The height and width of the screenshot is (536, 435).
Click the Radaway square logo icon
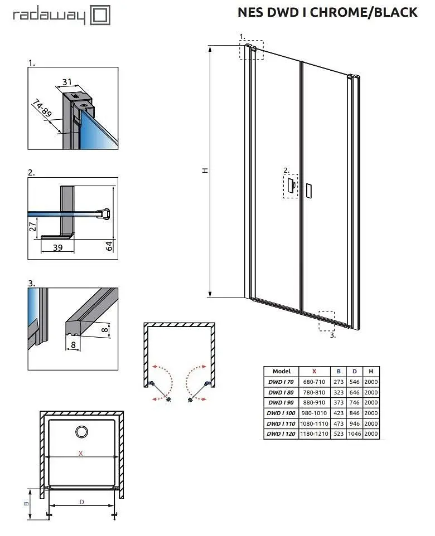tap(100, 15)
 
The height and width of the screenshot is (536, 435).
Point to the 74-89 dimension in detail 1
tap(42, 108)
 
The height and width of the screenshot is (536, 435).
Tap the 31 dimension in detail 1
tap(67, 82)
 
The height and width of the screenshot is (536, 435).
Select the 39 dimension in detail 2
tap(58, 247)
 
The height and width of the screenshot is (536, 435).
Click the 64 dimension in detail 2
tap(109, 246)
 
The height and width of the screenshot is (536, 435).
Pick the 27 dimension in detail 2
tap(32, 226)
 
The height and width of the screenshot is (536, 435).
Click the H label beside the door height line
tap(205, 170)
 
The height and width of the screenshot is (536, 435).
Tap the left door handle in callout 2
tap(291, 186)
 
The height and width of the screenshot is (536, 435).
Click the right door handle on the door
tap(309, 191)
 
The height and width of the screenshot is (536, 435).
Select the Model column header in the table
tap(282, 371)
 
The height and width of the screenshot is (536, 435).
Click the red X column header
tap(314, 371)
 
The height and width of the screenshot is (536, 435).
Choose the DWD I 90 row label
tap(281, 403)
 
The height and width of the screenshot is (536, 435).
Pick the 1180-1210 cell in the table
tap(314, 434)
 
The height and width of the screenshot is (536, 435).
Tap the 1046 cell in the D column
tap(355, 434)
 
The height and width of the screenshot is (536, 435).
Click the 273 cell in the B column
tap(339, 382)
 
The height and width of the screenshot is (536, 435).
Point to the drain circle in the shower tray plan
tap(81, 432)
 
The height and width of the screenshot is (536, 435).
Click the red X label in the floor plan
tap(81, 454)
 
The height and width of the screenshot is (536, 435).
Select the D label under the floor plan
tap(81, 502)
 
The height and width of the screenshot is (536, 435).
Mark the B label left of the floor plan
tap(26, 504)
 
